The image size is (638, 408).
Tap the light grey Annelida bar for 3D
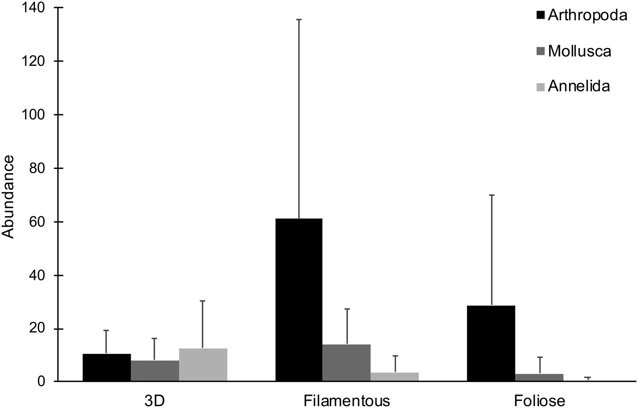coord(203,365)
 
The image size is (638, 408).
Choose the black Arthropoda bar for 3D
coord(107,367)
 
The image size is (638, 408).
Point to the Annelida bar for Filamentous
coord(395,377)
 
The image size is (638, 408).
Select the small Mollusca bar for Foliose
coord(540,377)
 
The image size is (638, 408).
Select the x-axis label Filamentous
coord(347,401)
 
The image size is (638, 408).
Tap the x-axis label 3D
coord(154,401)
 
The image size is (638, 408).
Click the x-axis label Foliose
coord(540,401)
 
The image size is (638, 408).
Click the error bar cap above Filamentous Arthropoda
coord(298,20)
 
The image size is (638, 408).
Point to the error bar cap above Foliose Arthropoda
coord(491,195)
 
